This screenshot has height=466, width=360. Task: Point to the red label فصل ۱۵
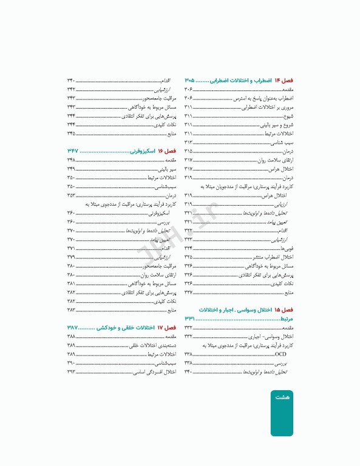point(284,309)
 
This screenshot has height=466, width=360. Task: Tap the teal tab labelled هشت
point(282,397)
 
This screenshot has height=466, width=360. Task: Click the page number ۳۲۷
point(189,292)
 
